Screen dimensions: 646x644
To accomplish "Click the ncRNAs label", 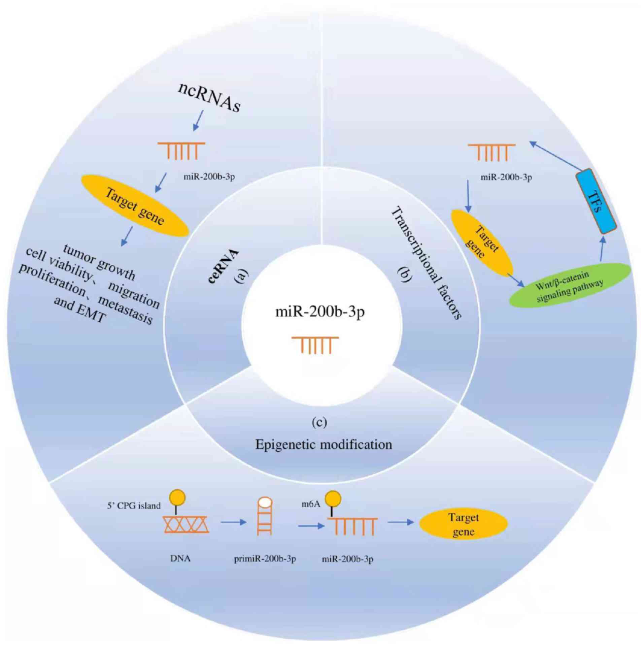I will [x=209, y=97].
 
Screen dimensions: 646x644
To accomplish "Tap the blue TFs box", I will [x=596, y=201].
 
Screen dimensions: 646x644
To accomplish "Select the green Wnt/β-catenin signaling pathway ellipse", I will [x=570, y=285].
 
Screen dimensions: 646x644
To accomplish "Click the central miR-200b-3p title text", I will [x=320, y=312].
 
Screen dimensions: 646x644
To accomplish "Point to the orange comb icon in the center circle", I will [x=315, y=344].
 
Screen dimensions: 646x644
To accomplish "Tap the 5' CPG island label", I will [x=134, y=506].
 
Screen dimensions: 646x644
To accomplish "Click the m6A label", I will [x=310, y=504].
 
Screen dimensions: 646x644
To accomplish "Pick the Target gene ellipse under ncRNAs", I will [x=135, y=205].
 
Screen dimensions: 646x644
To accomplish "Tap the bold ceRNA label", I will [x=224, y=267].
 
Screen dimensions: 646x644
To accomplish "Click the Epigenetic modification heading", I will [x=324, y=445].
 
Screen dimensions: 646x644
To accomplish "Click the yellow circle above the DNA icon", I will [x=177, y=497].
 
